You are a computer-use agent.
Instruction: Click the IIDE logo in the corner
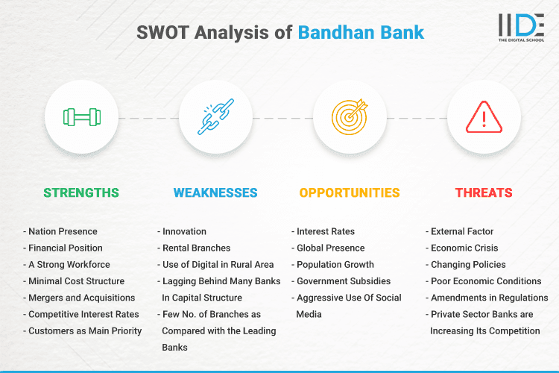tap(521, 28)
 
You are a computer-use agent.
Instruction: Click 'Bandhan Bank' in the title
tap(361, 33)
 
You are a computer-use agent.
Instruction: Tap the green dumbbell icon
tap(81, 117)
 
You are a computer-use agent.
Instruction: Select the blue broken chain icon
tap(215, 117)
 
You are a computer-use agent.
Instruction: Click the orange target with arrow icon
tap(350, 117)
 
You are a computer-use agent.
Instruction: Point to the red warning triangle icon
tap(484, 117)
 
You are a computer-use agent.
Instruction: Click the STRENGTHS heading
tap(81, 192)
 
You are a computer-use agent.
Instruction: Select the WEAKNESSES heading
tap(215, 192)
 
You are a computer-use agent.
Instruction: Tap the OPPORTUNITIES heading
tap(350, 192)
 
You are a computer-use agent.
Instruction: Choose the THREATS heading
tap(484, 192)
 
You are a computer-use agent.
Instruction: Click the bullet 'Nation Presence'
tap(63, 231)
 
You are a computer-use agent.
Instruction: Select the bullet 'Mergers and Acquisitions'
tap(83, 298)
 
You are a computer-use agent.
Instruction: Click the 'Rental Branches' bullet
tap(196, 248)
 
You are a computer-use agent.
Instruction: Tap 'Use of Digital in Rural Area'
tap(218, 264)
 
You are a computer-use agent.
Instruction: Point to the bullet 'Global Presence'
tap(330, 248)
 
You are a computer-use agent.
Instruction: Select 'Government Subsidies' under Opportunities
tap(344, 281)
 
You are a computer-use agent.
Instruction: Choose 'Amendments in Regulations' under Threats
tap(489, 298)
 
